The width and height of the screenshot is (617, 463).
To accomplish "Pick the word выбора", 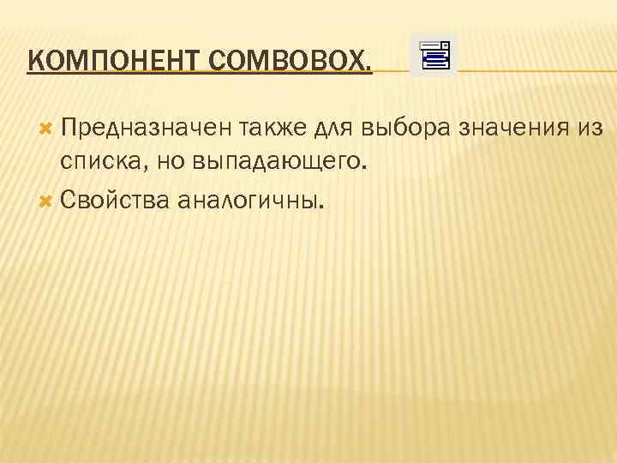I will [406, 128].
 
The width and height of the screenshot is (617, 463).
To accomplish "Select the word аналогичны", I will [248, 201].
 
